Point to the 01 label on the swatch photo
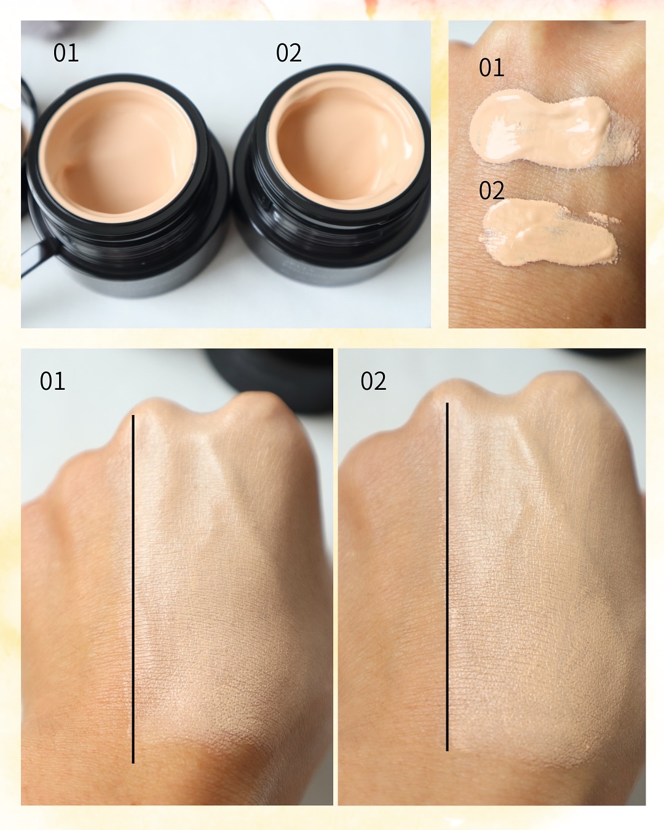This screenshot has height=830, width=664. tap(491, 68)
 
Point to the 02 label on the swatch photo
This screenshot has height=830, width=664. tap(491, 191)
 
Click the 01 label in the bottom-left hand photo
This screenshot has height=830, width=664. tap(52, 381)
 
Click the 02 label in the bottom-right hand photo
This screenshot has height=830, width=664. tap(373, 381)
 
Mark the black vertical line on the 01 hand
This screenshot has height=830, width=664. tap(133, 588)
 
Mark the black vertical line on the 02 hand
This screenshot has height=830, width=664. tap(447, 576)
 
